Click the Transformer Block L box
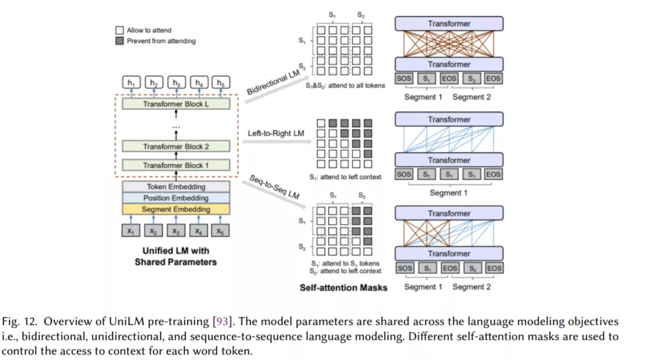[x=176, y=104]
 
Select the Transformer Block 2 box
[x=176, y=146]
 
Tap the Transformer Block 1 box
[x=176, y=165]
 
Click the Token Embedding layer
[x=176, y=187]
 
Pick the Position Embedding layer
[x=176, y=198]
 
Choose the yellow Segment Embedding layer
[x=176, y=210]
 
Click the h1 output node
[x=131, y=83]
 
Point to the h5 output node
[x=221, y=83]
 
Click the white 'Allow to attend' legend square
[x=119, y=30]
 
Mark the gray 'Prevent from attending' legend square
[x=119, y=41]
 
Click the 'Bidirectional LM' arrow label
[x=273, y=82]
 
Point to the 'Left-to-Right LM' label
[x=276, y=133]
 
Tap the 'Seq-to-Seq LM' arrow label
[x=274, y=186]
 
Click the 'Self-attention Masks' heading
[x=343, y=288]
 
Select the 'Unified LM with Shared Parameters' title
[x=176, y=256]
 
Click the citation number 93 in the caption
[x=220, y=323]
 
